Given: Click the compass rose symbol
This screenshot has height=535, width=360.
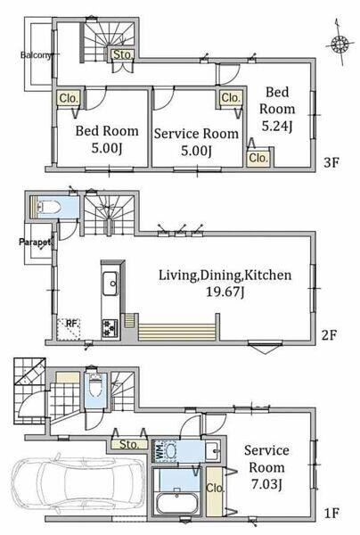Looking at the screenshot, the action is (x=340, y=45).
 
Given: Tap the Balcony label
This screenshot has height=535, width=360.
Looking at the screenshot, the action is (x=36, y=55).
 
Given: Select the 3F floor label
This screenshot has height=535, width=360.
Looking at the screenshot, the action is (x=331, y=162).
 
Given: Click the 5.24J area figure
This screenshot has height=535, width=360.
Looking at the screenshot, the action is (x=276, y=127).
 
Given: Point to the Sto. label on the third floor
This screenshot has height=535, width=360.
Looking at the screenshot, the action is (x=122, y=54).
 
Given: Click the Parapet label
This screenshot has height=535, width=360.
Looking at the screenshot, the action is (x=35, y=243).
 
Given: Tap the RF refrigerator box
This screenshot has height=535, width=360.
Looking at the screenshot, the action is (x=69, y=329).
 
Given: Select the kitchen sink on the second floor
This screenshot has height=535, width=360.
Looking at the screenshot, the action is (x=110, y=284).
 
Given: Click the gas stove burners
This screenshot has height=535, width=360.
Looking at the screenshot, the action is (x=110, y=328).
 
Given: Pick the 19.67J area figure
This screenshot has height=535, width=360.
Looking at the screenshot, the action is (x=225, y=292).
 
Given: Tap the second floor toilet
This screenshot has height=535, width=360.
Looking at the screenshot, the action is (x=48, y=207).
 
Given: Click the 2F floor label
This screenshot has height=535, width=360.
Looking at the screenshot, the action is (x=330, y=335).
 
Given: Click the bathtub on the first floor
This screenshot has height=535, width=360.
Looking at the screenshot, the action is (x=177, y=504).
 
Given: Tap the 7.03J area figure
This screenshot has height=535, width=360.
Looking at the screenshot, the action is (x=266, y=485).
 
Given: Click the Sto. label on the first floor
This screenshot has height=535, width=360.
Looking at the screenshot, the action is (x=129, y=444).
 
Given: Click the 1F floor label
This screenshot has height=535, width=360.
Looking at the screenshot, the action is (x=331, y=513).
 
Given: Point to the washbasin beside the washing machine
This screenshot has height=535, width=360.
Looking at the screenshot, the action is (x=213, y=451).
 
